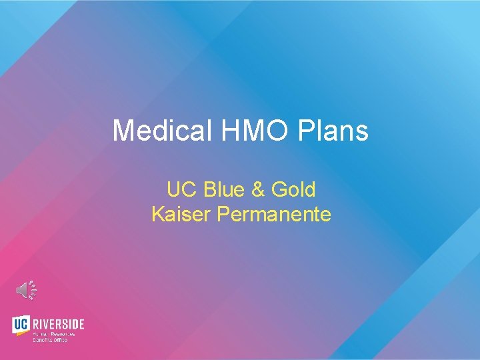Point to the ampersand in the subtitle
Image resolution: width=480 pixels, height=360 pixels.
(x=258, y=190)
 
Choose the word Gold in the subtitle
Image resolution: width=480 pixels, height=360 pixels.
(x=293, y=190)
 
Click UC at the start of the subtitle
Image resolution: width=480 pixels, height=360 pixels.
(x=181, y=190)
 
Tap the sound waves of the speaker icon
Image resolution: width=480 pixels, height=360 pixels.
(x=33, y=289)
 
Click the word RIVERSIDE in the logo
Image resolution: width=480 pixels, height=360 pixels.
(x=59, y=324)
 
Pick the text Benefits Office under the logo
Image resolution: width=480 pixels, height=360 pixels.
(x=51, y=340)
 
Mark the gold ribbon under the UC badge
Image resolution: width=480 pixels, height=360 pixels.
(x=21, y=331)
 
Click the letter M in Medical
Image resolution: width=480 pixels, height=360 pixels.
(x=123, y=131)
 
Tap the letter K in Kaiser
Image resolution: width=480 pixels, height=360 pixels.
(x=157, y=215)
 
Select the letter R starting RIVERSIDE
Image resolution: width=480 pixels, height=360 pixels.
(x=36, y=324)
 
